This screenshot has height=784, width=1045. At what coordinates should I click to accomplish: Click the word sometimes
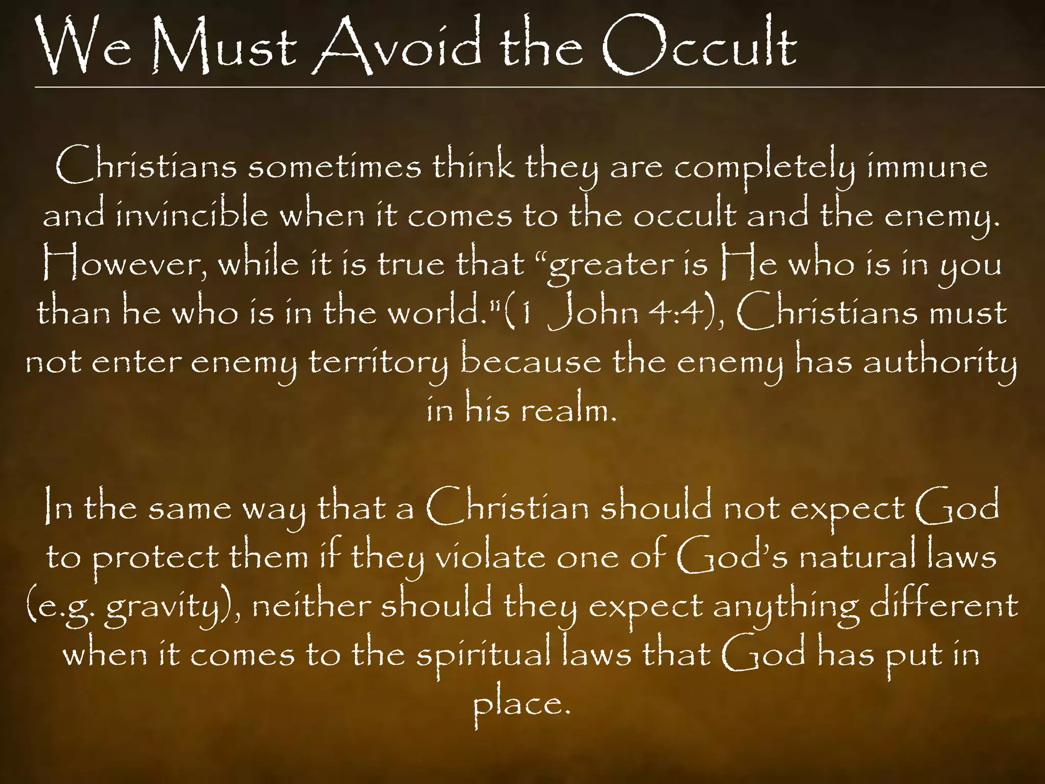pyautogui.click(x=335, y=166)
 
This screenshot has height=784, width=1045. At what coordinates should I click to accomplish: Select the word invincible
pyautogui.click(x=192, y=215)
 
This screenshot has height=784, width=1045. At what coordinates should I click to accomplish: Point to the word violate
pyautogui.click(x=490, y=556)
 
